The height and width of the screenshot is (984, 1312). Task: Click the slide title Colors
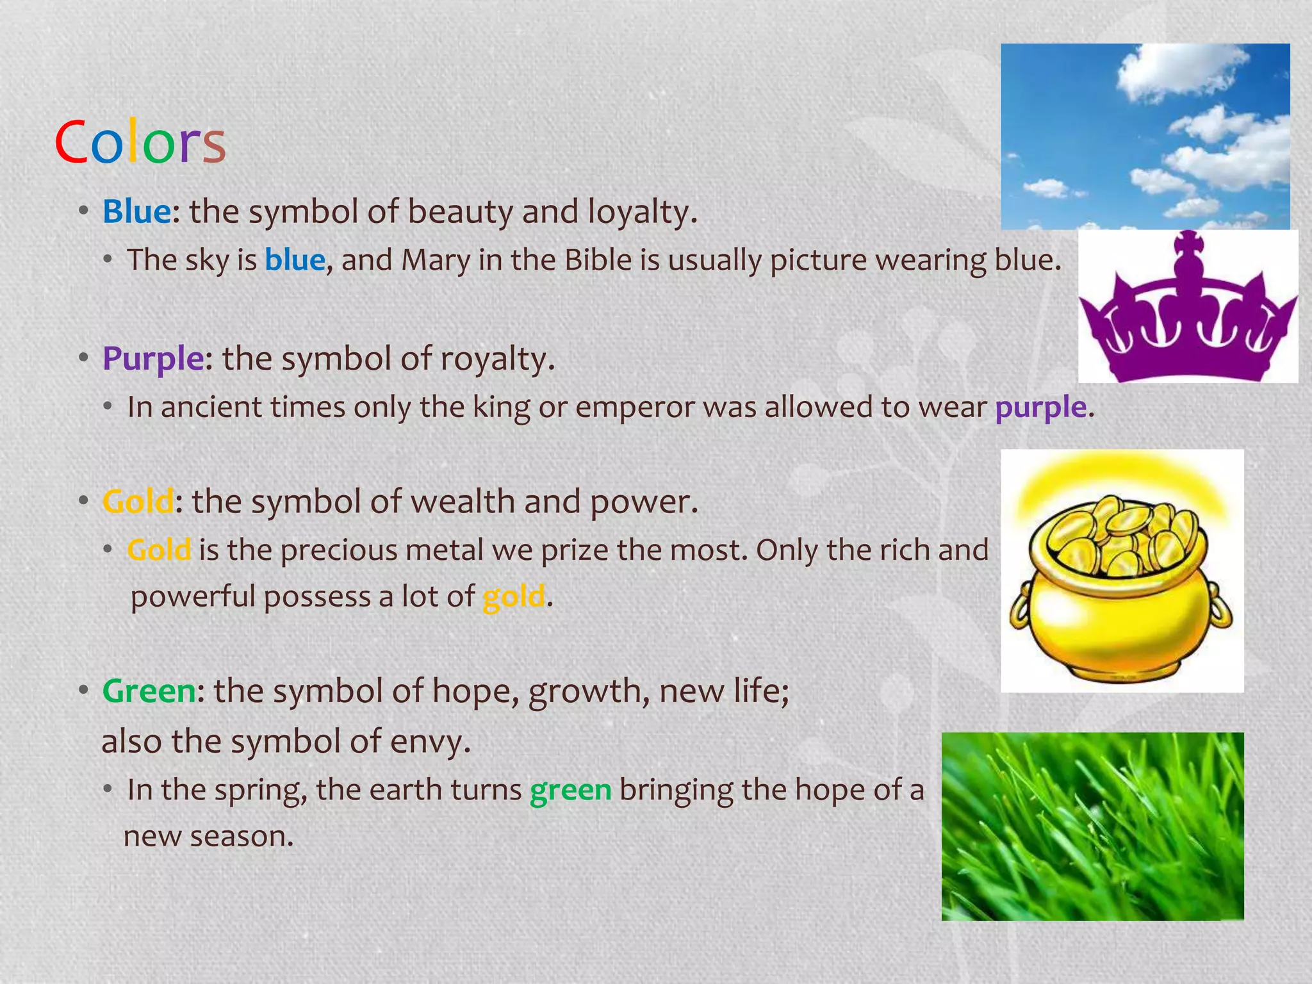140,142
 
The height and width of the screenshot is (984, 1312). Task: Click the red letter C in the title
70,142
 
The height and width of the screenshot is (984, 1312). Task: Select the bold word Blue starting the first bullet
136,212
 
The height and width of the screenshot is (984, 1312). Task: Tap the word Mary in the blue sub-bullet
435,261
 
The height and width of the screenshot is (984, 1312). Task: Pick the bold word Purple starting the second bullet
153,359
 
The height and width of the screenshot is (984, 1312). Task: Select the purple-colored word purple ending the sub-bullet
1041,408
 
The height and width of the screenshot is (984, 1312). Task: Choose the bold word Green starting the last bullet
149,691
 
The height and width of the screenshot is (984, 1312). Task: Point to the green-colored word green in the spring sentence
570,790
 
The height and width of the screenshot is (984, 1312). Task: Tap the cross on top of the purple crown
1189,247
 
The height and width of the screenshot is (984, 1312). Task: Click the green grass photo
1092,826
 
